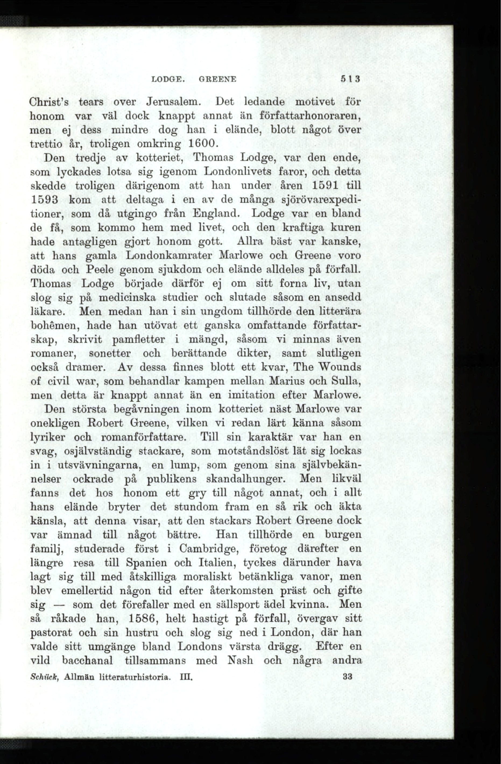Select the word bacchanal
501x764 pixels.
point(87,660)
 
